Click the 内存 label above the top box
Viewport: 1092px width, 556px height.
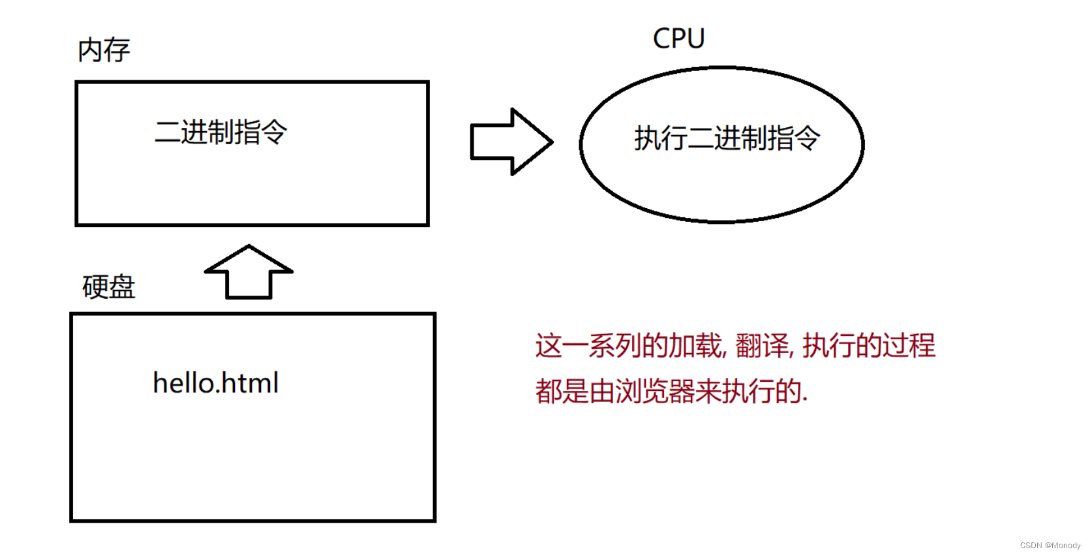click(104, 50)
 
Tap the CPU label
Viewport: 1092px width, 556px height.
click(678, 39)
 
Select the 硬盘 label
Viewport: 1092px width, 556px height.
click(108, 287)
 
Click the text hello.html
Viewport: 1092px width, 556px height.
click(215, 383)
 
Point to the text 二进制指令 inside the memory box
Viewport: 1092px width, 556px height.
click(220, 132)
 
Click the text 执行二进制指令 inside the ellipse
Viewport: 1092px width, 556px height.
click(727, 138)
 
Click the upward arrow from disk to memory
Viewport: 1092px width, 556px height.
click(249, 272)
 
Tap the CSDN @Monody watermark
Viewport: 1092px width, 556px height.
click(1050, 545)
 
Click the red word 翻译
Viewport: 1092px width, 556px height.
click(762, 346)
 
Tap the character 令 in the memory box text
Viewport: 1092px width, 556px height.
click(273, 132)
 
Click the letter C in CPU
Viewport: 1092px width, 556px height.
click(661, 39)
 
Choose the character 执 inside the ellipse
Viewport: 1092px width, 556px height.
click(648, 138)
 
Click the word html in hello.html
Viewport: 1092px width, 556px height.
click(250, 383)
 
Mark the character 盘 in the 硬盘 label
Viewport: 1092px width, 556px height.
click(122, 287)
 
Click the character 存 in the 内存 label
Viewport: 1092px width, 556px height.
click(117, 50)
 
